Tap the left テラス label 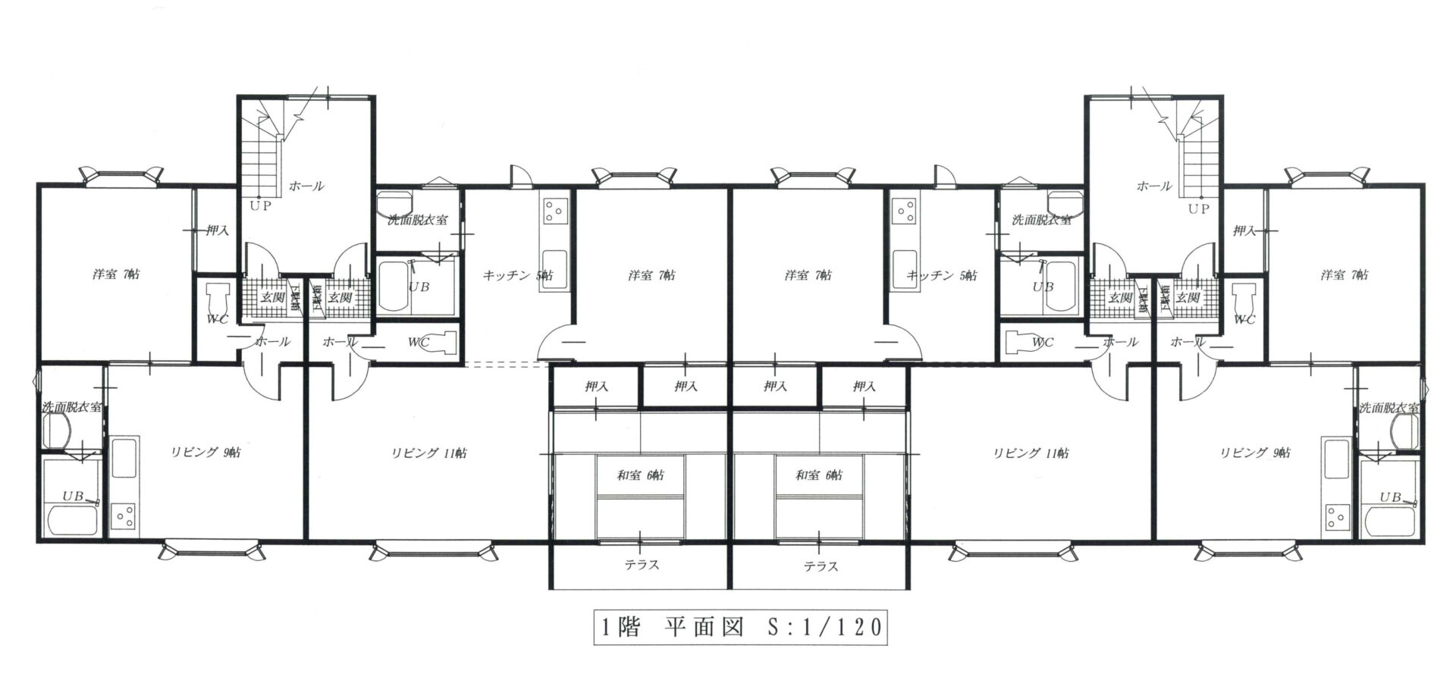point(642,565)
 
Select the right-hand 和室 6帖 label point(819,475)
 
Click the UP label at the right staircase point(1198,208)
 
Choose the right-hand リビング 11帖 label point(1031,453)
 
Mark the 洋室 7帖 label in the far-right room point(1344,275)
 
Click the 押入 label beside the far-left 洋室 point(217,230)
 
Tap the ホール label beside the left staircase point(306,186)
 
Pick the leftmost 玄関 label point(272,298)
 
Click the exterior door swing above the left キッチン point(521,177)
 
